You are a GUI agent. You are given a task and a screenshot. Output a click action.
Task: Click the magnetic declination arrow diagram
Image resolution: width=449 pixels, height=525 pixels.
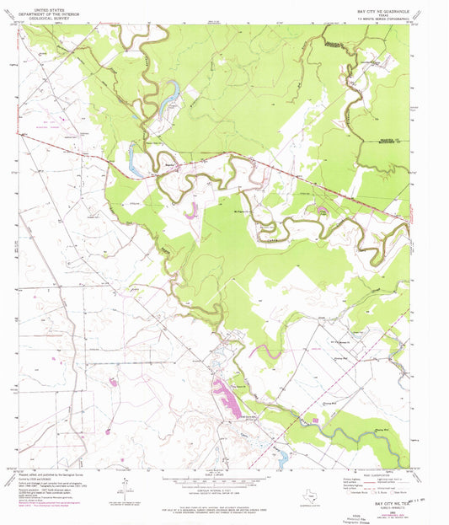(126, 487)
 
